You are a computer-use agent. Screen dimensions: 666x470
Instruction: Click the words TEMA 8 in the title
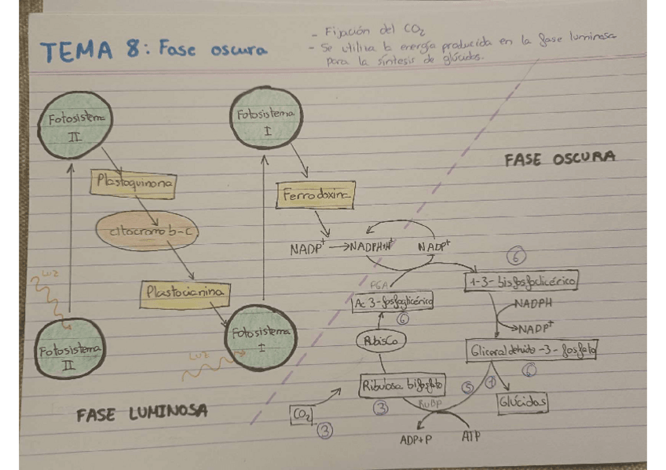[88, 51]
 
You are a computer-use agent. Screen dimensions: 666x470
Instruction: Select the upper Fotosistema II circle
[75, 126]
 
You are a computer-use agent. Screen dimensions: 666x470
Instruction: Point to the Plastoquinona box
[133, 181]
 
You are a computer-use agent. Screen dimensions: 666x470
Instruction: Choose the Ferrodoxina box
[315, 194]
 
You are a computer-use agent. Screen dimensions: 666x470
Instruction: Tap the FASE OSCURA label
[559, 158]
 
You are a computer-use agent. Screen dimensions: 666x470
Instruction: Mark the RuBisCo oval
[383, 341]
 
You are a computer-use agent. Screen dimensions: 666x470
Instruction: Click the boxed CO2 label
[302, 414]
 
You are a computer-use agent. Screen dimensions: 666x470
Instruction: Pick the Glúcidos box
[522, 403]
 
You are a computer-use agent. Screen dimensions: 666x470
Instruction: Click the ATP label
[472, 435]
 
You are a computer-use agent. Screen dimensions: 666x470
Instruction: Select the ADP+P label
[415, 439]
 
